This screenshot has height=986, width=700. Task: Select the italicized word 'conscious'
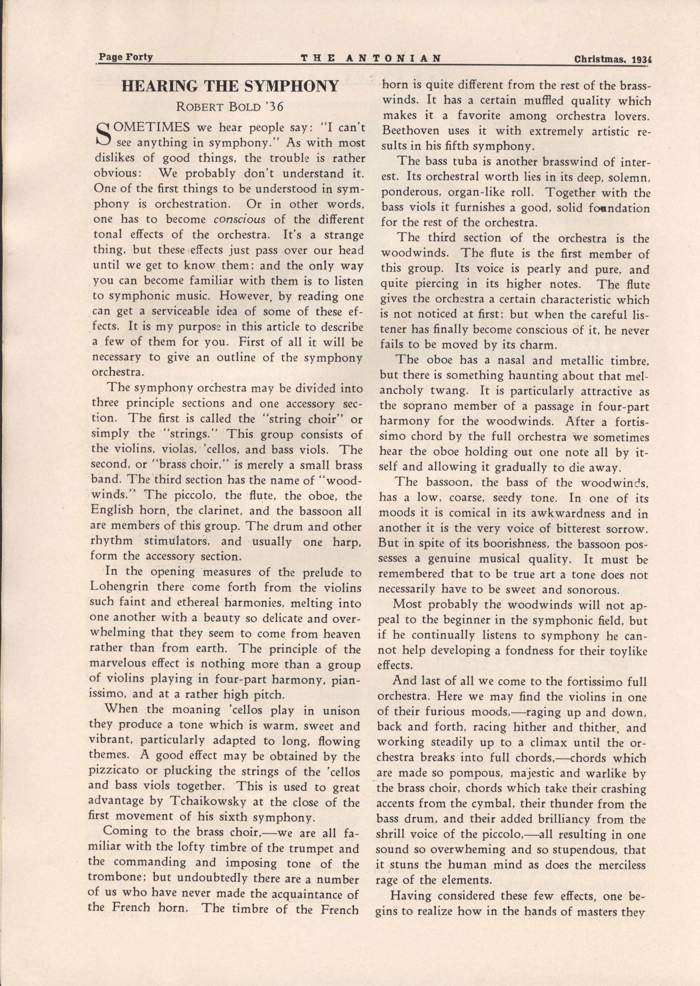(x=240, y=219)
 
